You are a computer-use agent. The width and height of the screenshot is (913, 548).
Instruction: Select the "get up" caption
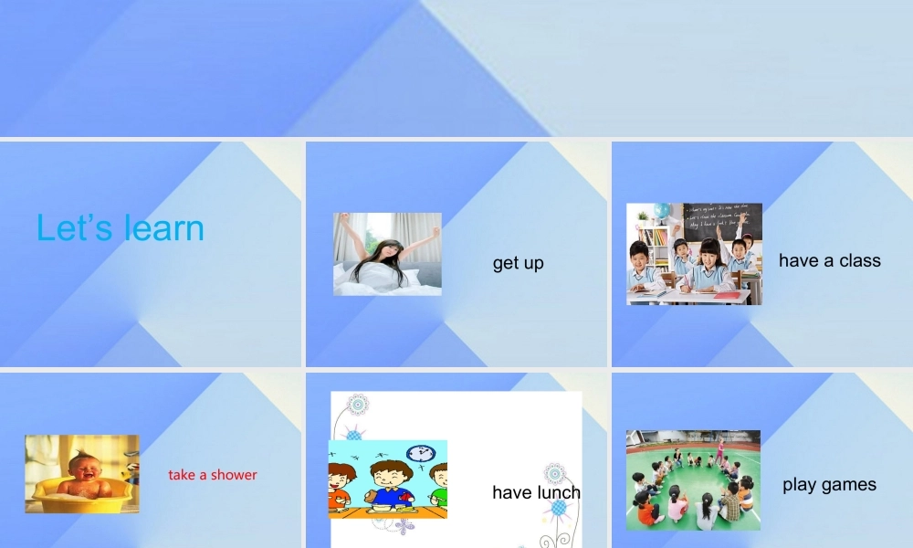518,263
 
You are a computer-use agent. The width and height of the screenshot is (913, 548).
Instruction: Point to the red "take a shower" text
213,475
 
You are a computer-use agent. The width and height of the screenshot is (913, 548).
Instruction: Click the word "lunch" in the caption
558,492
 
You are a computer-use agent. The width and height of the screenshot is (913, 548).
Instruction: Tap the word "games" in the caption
851,485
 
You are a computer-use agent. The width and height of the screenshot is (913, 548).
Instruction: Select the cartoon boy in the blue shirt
388,484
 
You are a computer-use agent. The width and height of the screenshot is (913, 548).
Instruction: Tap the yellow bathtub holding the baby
82,498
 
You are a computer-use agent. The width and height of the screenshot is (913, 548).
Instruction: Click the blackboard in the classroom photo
721,222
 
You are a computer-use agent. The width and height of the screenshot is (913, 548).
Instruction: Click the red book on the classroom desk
728,296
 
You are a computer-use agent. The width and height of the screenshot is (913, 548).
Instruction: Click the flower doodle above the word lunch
553,473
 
